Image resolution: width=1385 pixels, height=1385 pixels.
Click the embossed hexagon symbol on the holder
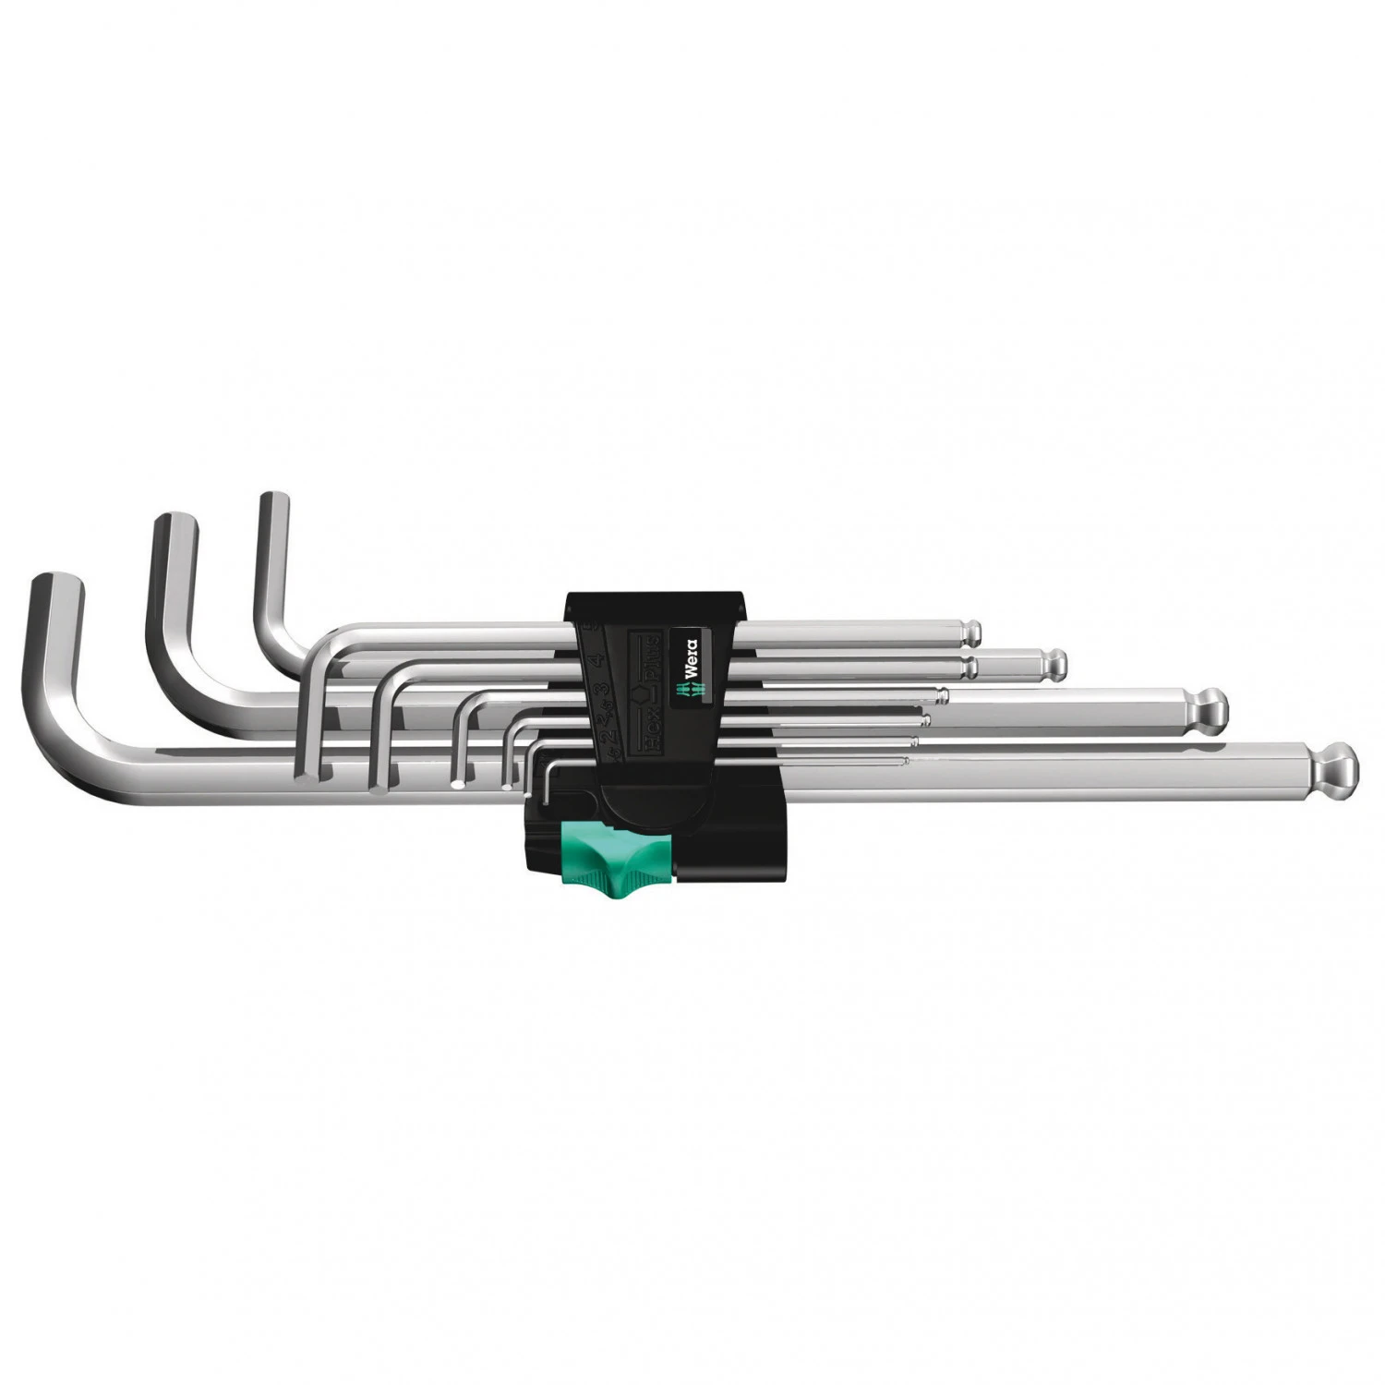click(644, 687)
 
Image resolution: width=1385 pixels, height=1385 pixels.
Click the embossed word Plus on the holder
click(650, 652)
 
